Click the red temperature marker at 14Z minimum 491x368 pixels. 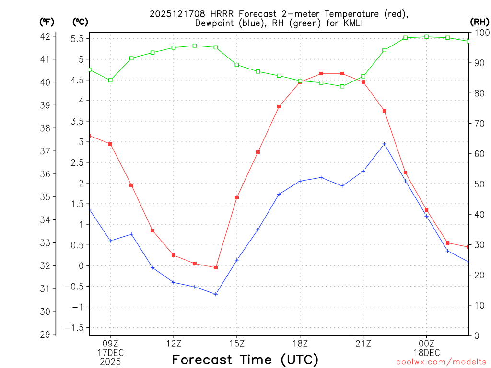point(216,267)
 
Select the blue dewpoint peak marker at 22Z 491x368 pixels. point(384,144)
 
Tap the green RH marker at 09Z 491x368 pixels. point(110,80)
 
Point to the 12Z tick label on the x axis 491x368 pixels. point(174,343)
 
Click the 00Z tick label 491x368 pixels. point(426,343)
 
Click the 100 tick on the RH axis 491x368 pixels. point(481,33)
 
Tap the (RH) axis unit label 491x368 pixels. point(479,22)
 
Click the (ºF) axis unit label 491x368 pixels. point(47,22)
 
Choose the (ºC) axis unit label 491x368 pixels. point(80,22)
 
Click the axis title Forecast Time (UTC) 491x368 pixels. point(245,359)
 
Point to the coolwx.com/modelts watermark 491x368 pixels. point(441,362)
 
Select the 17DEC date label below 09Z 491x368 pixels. point(110,352)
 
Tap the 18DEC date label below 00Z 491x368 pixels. point(426,352)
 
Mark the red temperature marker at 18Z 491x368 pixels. point(300,82)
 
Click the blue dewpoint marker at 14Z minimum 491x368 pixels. point(216,294)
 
